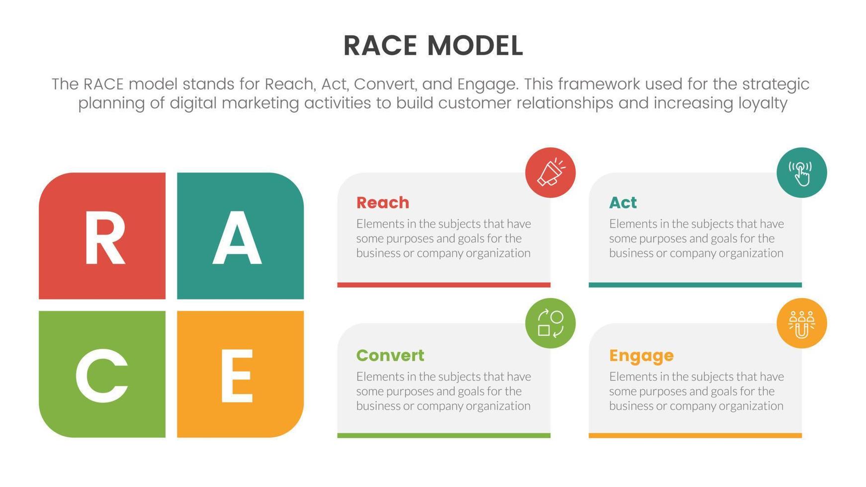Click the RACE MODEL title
433,46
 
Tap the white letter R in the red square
104,238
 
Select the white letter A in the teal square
237,238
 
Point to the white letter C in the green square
102,375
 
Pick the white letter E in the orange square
237,375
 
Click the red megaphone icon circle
550,172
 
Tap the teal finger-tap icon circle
801,172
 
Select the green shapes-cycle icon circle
550,323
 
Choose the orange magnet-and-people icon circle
801,323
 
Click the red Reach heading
383,203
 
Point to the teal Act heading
622,203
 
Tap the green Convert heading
390,355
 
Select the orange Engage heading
641,356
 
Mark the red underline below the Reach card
443,285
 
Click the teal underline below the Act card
695,285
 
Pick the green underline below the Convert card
443,435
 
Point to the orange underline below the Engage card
695,435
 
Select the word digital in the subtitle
193,103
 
